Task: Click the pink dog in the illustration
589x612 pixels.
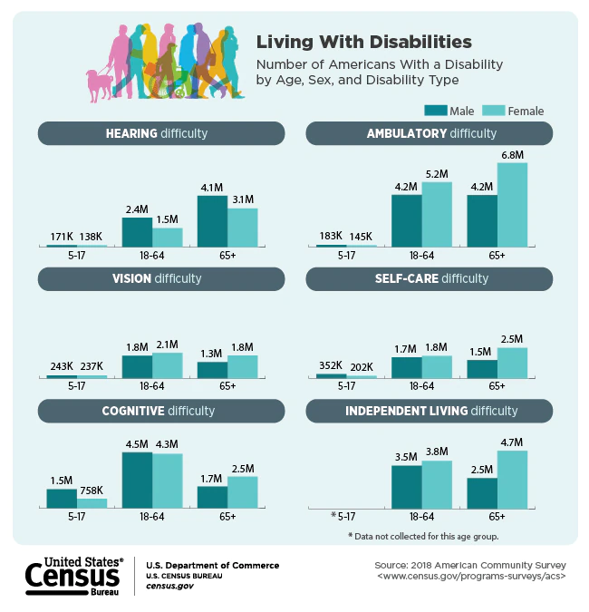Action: [100, 83]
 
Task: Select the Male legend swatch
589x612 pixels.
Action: [436, 111]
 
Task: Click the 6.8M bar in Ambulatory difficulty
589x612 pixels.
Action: [512, 204]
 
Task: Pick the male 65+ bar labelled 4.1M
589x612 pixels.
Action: [212, 220]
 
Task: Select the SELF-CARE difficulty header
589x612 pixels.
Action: [430, 278]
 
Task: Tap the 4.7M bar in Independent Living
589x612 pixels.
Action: [512, 479]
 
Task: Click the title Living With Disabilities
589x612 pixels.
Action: [363, 42]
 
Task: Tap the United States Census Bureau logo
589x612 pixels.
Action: [72, 575]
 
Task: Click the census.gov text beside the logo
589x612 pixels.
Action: [169, 586]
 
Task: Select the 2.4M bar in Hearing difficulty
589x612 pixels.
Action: [137, 232]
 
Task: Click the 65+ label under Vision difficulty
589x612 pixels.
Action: [227, 385]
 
